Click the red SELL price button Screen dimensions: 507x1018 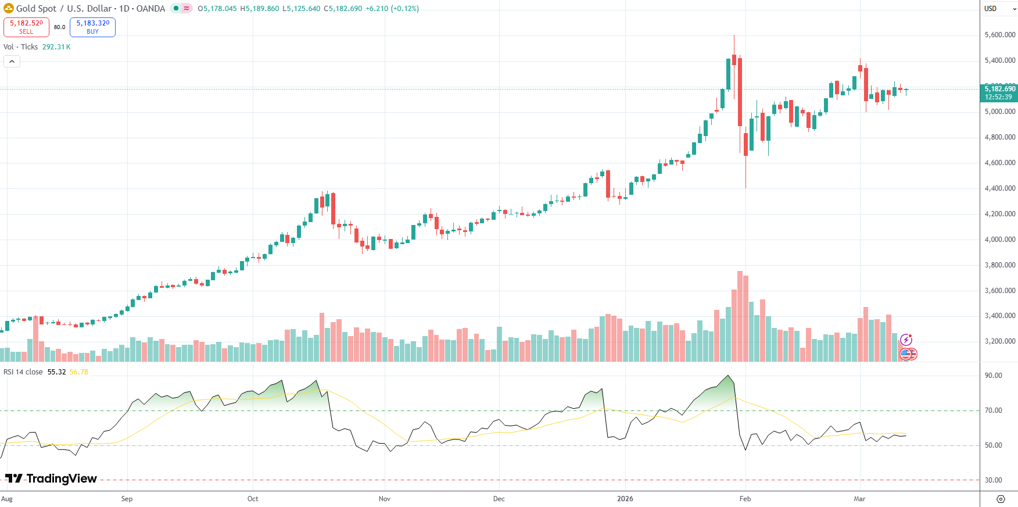click(x=26, y=27)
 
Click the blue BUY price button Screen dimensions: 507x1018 click(x=92, y=27)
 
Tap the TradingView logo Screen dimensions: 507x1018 click(x=51, y=479)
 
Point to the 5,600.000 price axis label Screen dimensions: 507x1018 click(x=999, y=35)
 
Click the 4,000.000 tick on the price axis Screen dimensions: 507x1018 click(x=999, y=240)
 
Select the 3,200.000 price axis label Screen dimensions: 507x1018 click(x=999, y=341)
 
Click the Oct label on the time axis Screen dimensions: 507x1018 click(x=253, y=499)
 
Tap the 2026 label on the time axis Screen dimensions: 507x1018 click(x=625, y=499)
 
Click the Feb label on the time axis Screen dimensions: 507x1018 click(x=745, y=499)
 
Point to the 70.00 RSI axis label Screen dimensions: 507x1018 click(x=993, y=410)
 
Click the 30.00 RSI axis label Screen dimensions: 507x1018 click(x=993, y=480)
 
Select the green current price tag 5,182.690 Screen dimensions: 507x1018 click(x=999, y=92)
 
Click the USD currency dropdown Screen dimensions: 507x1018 click(x=999, y=9)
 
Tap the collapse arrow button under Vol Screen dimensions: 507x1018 click(x=12, y=61)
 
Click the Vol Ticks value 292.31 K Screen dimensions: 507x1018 click(x=56, y=47)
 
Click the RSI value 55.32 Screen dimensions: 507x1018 click(x=56, y=372)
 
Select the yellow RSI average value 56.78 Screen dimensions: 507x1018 click(x=79, y=372)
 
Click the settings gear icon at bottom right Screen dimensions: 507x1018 click(x=1000, y=499)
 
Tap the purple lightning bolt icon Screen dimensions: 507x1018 click(x=906, y=340)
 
